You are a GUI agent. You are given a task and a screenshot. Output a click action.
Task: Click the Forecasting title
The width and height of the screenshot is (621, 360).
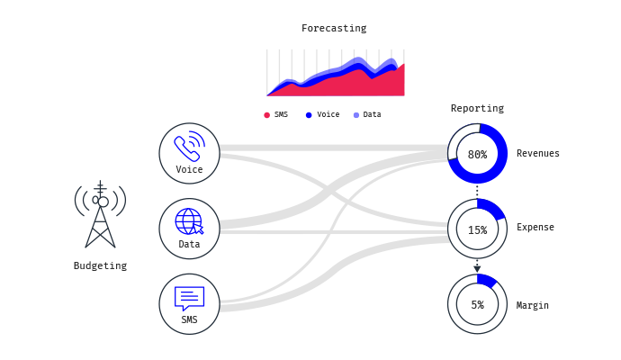click(x=334, y=29)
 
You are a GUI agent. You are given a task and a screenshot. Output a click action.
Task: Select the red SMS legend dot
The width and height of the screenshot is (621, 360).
click(x=267, y=115)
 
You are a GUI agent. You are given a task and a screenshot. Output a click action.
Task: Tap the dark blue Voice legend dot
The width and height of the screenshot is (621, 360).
click(x=309, y=115)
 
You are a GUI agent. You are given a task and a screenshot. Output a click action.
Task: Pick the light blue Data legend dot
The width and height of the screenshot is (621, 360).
click(x=356, y=115)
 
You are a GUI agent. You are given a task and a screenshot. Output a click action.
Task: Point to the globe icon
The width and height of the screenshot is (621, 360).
click(x=189, y=221)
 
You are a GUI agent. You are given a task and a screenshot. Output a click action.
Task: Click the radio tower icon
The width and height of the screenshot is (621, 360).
click(x=100, y=214)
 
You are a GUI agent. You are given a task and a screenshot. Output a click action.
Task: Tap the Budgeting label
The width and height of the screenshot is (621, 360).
click(x=100, y=265)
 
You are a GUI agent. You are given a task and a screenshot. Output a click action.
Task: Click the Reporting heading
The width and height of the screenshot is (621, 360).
click(x=477, y=108)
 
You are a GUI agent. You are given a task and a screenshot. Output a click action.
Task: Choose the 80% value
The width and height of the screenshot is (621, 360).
click(x=477, y=155)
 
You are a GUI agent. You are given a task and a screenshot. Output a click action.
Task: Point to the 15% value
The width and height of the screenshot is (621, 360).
click(x=477, y=230)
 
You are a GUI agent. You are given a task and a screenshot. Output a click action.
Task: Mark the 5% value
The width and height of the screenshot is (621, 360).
click(x=477, y=305)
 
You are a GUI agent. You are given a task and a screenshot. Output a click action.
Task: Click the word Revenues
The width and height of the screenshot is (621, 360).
click(x=538, y=153)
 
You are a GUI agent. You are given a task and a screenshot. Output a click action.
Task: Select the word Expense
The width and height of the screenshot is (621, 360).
click(x=535, y=228)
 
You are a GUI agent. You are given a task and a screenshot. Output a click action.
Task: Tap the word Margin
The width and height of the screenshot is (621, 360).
click(x=532, y=305)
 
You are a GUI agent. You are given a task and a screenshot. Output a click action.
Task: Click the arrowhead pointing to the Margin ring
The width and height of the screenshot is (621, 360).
click(x=477, y=269)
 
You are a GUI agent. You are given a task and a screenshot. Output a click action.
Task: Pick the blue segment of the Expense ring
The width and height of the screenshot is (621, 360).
click(x=493, y=208)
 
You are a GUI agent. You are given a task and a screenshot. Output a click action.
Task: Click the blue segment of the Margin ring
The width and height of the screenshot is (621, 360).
click(x=486, y=279)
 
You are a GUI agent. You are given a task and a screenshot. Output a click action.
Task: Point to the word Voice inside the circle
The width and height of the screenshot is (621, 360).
click(x=189, y=169)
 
